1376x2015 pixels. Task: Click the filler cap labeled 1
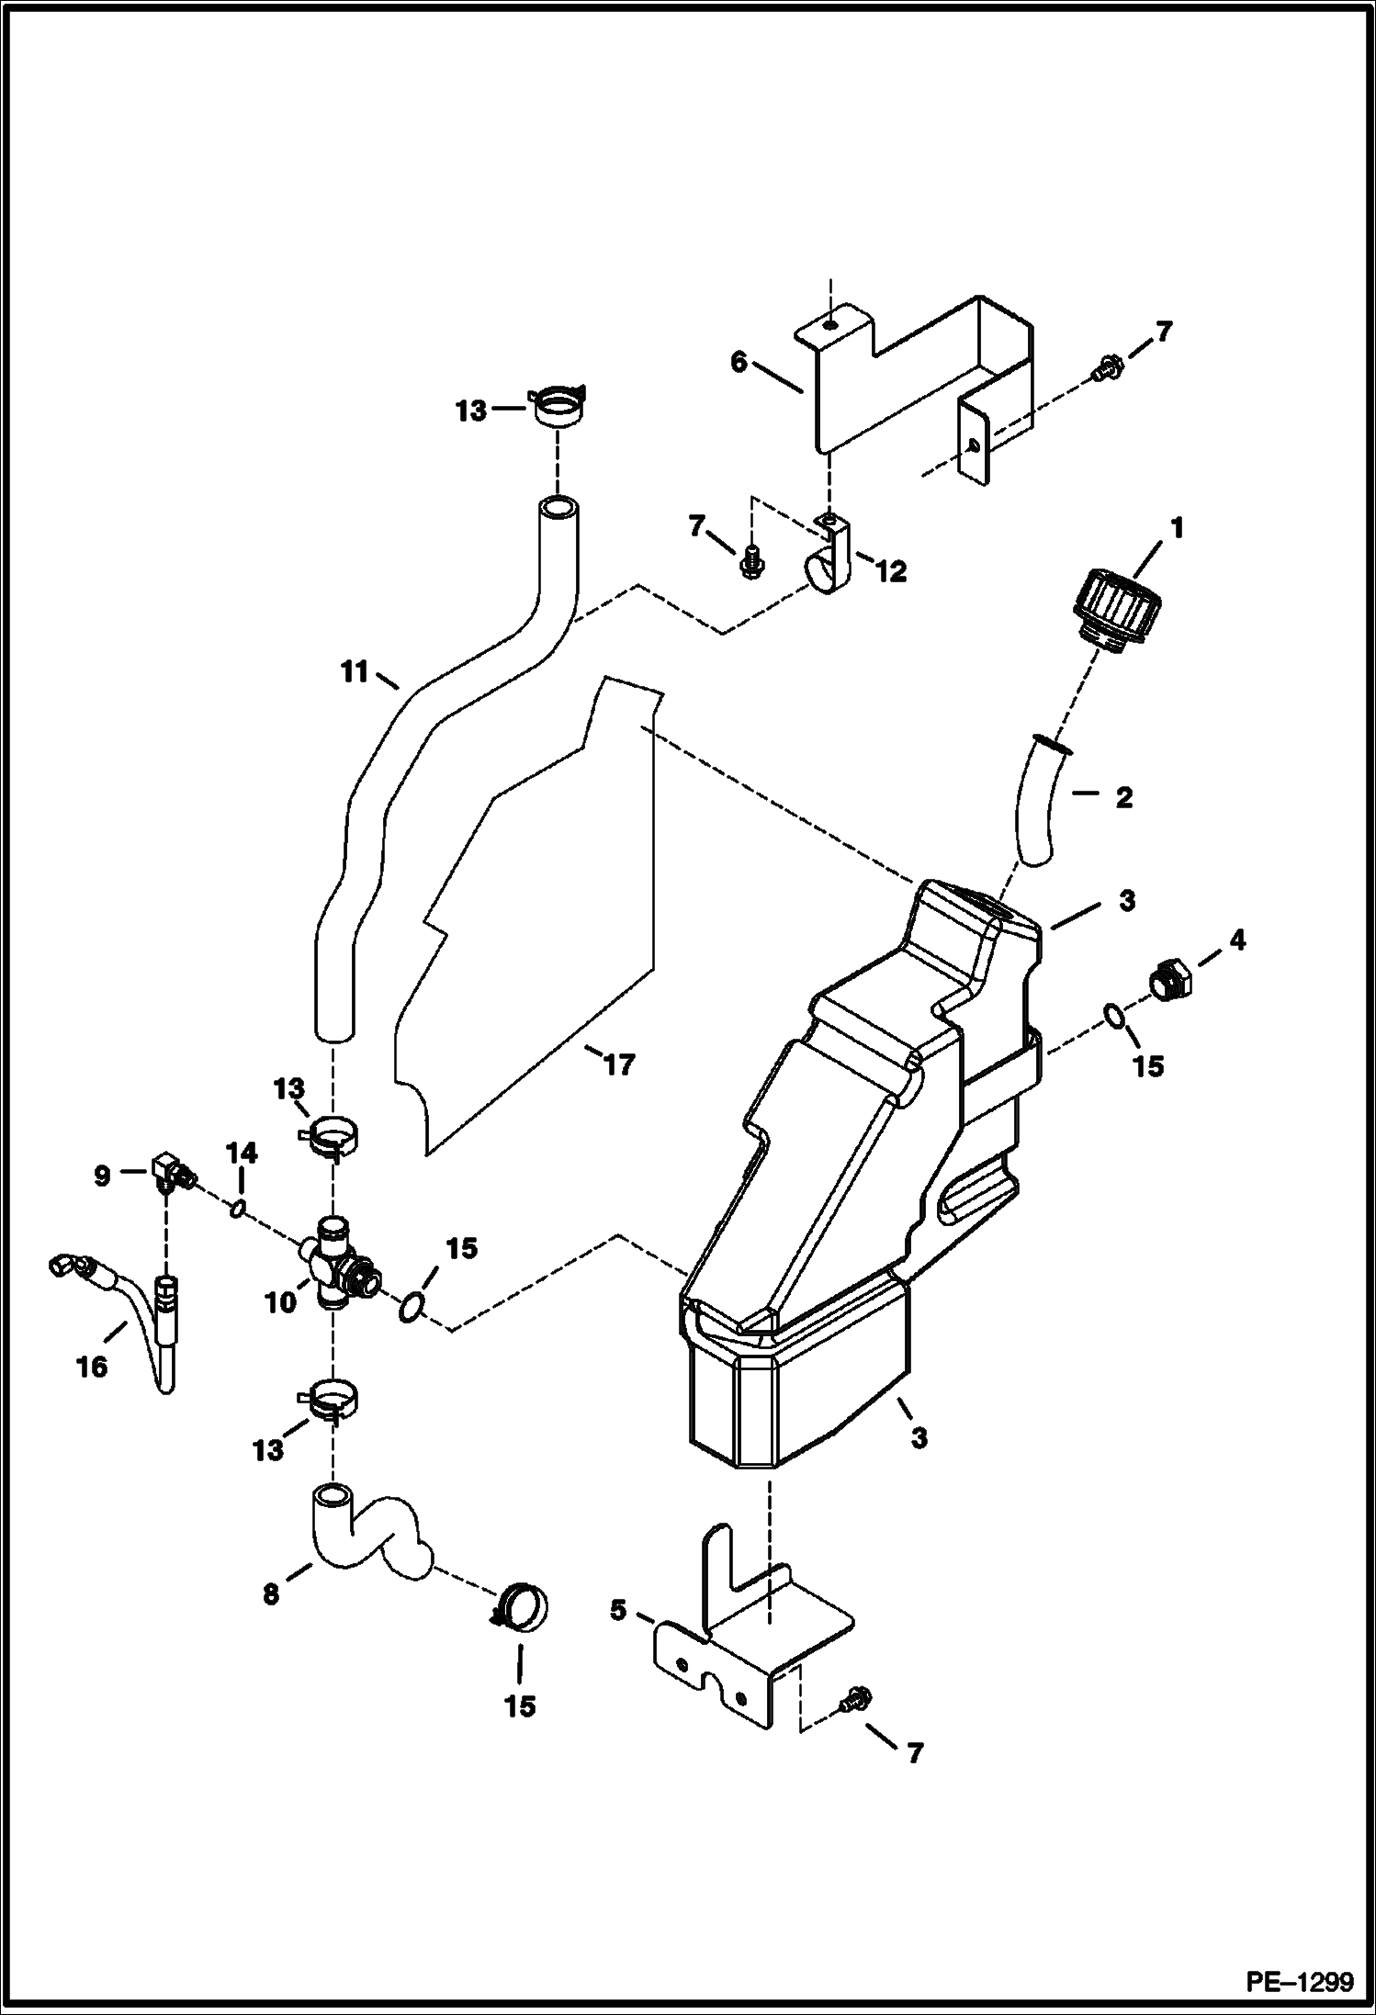[1117, 610]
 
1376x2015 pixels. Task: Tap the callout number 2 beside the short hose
[1123, 798]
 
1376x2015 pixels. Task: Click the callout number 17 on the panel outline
[618, 1064]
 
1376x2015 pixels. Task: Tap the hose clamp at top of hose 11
[558, 406]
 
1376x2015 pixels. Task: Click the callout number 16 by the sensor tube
[92, 1366]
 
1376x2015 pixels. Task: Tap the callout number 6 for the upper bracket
[739, 362]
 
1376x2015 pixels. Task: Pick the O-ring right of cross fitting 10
[411, 1305]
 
